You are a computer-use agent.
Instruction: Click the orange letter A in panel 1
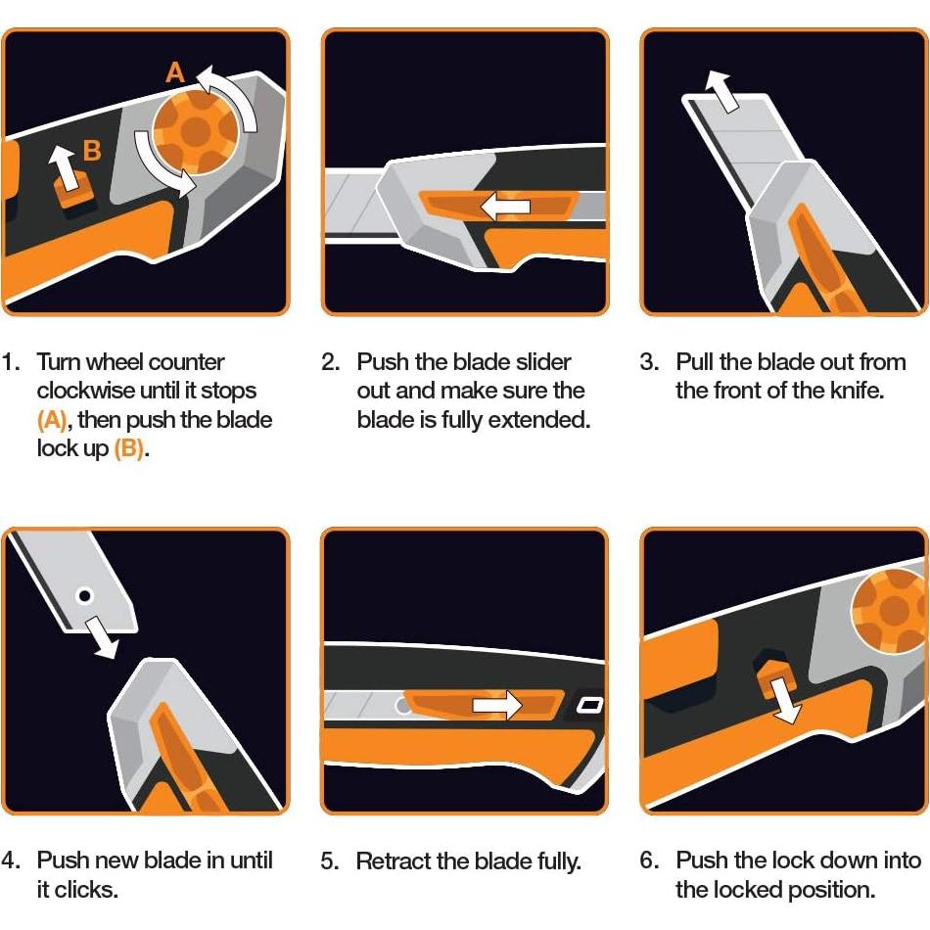[174, 72]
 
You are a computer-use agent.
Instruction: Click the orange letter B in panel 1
[91, 151]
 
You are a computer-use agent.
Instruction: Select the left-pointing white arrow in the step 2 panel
[504, 206]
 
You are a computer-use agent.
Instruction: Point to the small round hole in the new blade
[85, 594]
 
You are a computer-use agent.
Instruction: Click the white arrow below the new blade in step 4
[101, 634]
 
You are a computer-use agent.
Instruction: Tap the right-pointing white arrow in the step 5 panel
[497, 705]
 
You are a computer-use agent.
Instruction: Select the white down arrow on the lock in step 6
[785, 701]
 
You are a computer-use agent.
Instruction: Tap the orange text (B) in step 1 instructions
[129, 449]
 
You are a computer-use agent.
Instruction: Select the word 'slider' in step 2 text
[540, 361]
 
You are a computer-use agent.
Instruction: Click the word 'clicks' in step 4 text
[93, 890]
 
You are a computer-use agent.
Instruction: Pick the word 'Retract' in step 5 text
[391, 861]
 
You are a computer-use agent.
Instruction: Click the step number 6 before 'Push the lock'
[648, 860]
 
